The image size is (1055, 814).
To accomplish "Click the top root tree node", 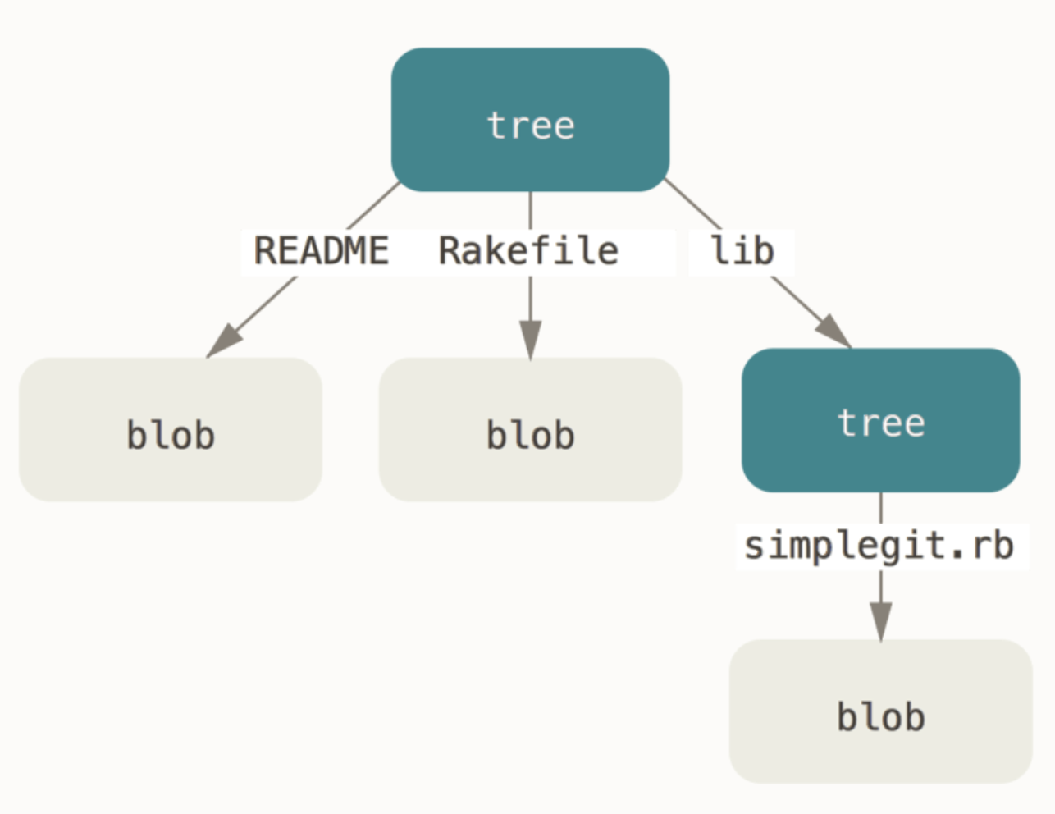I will click(530, 120).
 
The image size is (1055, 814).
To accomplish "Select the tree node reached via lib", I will click(880, 420).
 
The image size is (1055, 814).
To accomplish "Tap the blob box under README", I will click(171, 429).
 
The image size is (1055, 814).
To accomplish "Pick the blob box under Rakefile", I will click(530, 429).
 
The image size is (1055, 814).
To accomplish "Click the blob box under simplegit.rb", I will click(880, 711).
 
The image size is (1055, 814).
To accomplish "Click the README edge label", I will click(322, 251).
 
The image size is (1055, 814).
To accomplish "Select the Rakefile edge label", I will click(529, 251).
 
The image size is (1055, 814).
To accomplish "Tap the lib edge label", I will click(742, 251).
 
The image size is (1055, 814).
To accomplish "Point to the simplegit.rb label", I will click(879, 546).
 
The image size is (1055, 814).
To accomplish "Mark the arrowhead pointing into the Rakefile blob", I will click(530, 339).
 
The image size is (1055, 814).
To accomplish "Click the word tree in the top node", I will click(530, 126).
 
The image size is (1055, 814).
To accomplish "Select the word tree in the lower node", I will click(880, 423).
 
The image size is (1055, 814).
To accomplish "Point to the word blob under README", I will click(171, 435).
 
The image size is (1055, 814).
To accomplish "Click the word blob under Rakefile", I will click(530, 435).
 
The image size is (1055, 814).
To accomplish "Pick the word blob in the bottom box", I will click(880, 717).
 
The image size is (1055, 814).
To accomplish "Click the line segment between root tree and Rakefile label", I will click(530, 210).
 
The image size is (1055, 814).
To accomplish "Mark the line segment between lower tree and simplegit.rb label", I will click(880, 508).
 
